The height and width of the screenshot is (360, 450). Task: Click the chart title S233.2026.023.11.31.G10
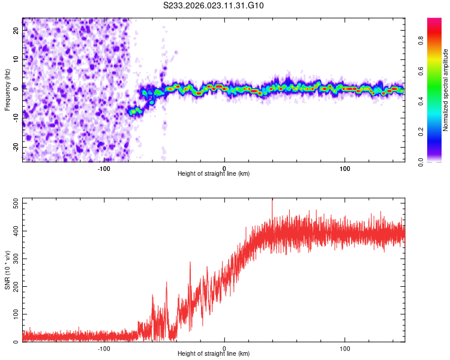[x=214, y=6]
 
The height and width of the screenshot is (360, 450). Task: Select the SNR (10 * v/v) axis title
[x=7, y=270]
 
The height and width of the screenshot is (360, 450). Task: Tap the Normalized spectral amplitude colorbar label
[x=446, y=90]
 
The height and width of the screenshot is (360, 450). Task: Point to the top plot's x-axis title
[x=214, y=173]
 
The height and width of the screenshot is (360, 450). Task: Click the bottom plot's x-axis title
[x=214, y=353]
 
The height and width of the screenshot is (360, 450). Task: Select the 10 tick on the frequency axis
[x=16, y=60]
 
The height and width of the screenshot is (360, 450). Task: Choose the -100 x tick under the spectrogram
[x=104, y=167]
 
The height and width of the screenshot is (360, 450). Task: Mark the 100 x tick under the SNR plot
[x=345, y=347]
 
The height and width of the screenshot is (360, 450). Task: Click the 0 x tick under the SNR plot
[x=224, y=347]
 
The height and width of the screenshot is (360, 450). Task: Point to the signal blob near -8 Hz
[x=135, y=110]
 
